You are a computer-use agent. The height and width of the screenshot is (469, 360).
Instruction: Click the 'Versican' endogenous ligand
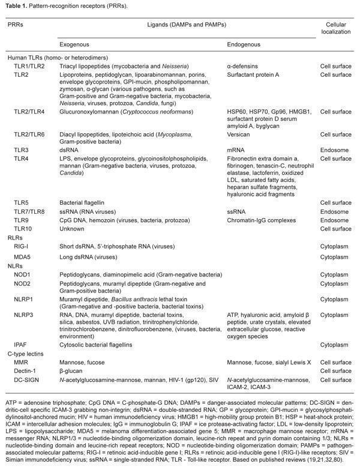[239, 136]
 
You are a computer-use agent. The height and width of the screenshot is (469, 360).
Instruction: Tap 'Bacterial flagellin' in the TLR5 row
[83, 203]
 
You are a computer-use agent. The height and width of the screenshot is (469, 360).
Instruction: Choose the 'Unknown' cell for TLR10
[71, 228]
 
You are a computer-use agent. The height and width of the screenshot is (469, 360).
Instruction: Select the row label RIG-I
[22, 245]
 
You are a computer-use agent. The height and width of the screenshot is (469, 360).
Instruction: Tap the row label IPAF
[22, 345]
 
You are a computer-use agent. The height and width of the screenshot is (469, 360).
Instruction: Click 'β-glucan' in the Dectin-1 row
[71, 371]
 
